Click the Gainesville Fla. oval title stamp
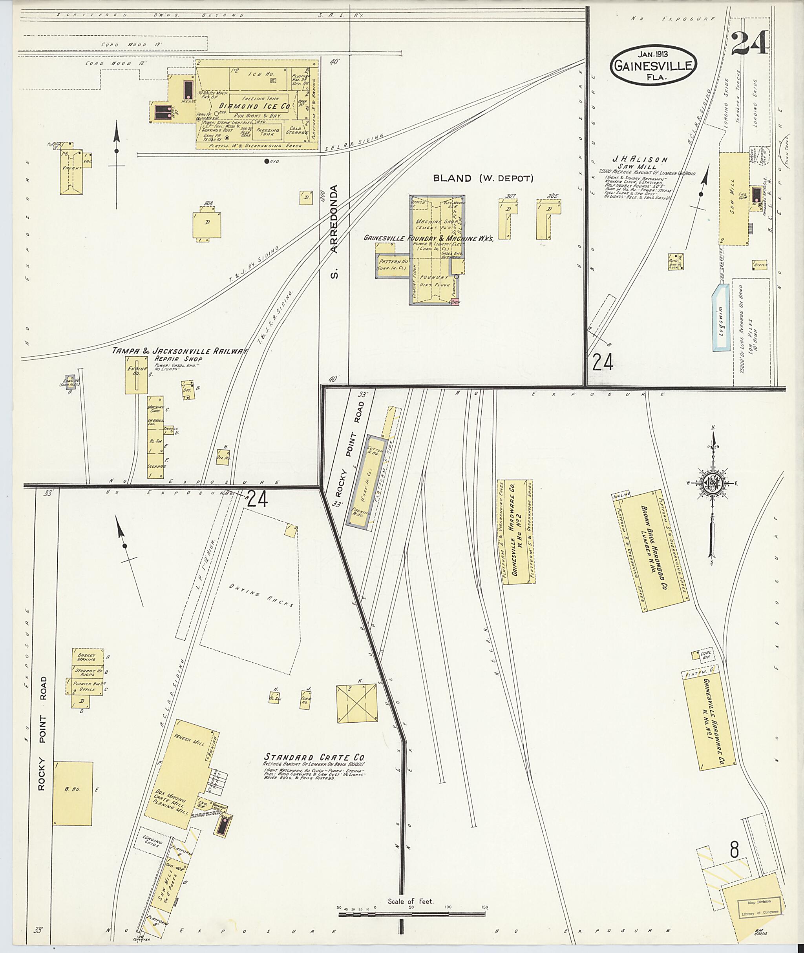[654, 66]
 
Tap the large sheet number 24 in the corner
[750, 43]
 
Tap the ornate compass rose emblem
[711, 483]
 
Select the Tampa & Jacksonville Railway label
[180, 351]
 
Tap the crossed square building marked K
[357, 702]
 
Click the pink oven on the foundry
[455, 302]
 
